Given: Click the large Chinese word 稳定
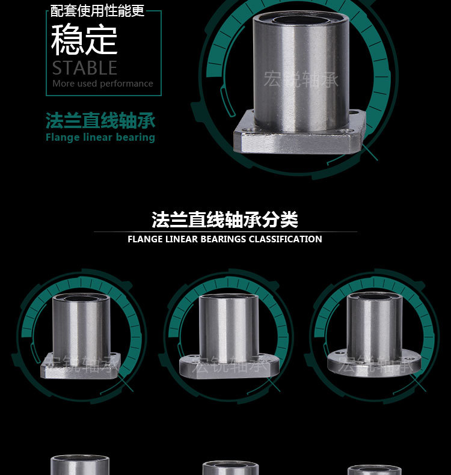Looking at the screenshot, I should click(x=84, y=40).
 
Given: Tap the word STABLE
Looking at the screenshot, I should click(x=84, y=67).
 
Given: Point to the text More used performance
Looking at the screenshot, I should click(x=102, y=84).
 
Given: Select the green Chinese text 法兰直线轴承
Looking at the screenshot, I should click(x=100, y=121).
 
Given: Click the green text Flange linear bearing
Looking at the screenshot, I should click(x=100, y=138).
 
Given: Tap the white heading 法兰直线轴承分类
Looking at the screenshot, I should click(x=225, y=219).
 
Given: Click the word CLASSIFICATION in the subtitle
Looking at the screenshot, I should click(x=285, y=239).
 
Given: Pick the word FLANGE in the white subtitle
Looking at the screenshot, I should click(x=145, y=239).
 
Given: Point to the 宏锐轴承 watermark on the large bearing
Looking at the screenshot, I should click(x=300, y=79).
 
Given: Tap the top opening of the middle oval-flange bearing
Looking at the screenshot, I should click(x=229, y=298).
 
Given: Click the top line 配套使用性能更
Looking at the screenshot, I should click(x=97, y=11).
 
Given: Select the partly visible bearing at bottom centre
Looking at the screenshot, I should click(x=230, y=468).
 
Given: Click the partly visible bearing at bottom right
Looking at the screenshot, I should click(x=374, y=470).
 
